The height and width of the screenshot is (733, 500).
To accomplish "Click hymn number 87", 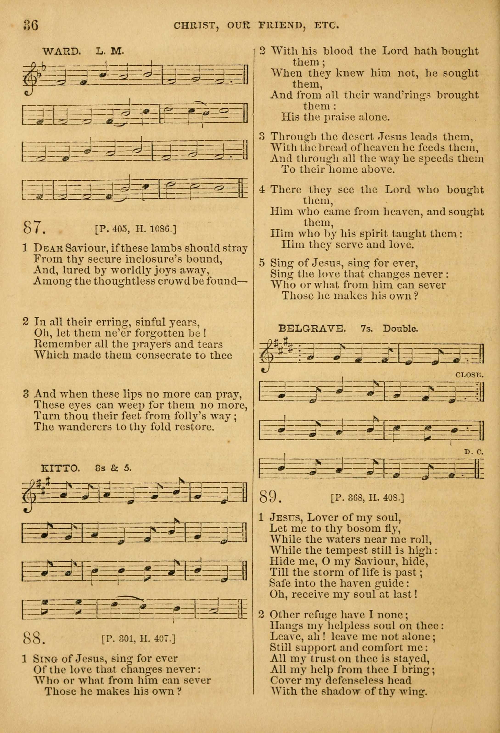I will pyautogui.click(x=34, y=227).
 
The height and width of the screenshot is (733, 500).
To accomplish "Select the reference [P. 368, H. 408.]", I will pyautogui.click(x=367, y=498).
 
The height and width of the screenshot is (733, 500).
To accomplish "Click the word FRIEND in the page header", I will pyautogui.click(x=281, y=25).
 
